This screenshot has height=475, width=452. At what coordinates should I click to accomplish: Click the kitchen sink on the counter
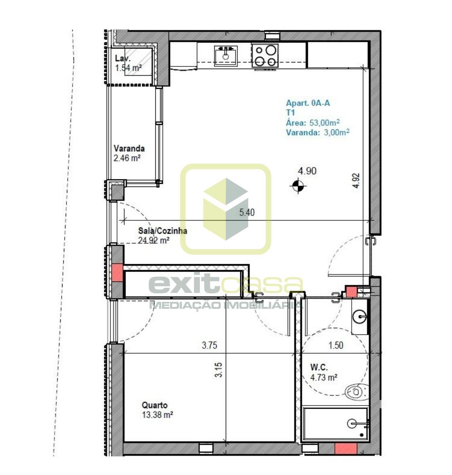click(x=225, y=56)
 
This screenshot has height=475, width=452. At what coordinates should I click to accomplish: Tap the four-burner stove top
click(x=265, y=55)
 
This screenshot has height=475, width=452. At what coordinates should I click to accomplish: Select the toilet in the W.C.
click(x=357, y=392)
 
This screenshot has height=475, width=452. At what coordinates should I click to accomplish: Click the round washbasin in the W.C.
click(x=360, y=317)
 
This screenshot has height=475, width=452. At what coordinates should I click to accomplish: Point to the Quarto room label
click(x=154, y=405)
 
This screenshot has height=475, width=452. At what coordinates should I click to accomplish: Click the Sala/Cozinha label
click(x=162, y=231)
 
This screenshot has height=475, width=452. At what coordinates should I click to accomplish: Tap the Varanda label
click(x=129, y=149)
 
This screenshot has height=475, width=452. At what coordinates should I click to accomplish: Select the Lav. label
click(x=123, y=58)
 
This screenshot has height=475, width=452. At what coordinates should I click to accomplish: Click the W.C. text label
click(x=319, y=367)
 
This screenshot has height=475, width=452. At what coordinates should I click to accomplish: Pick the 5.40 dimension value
click(x=247, y=212)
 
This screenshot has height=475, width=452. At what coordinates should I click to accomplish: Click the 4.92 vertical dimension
click(x=356, y=181)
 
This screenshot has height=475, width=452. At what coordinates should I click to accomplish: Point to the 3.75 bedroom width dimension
click(x=209, y=345)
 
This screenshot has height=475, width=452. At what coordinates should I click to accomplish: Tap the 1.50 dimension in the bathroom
click(x=336, y=345)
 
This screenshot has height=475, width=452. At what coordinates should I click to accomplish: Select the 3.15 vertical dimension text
click(x=218, y=369)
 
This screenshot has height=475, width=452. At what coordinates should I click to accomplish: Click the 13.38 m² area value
click(x=157, y=414)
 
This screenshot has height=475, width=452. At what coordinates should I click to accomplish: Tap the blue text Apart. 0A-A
click(x=308, y=103)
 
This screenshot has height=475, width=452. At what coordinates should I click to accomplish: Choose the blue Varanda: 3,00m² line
click(x=317, y=132)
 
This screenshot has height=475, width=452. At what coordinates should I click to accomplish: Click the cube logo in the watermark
click(x=226, y=209)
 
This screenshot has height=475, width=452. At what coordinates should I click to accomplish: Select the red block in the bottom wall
click(x=346, y=448)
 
